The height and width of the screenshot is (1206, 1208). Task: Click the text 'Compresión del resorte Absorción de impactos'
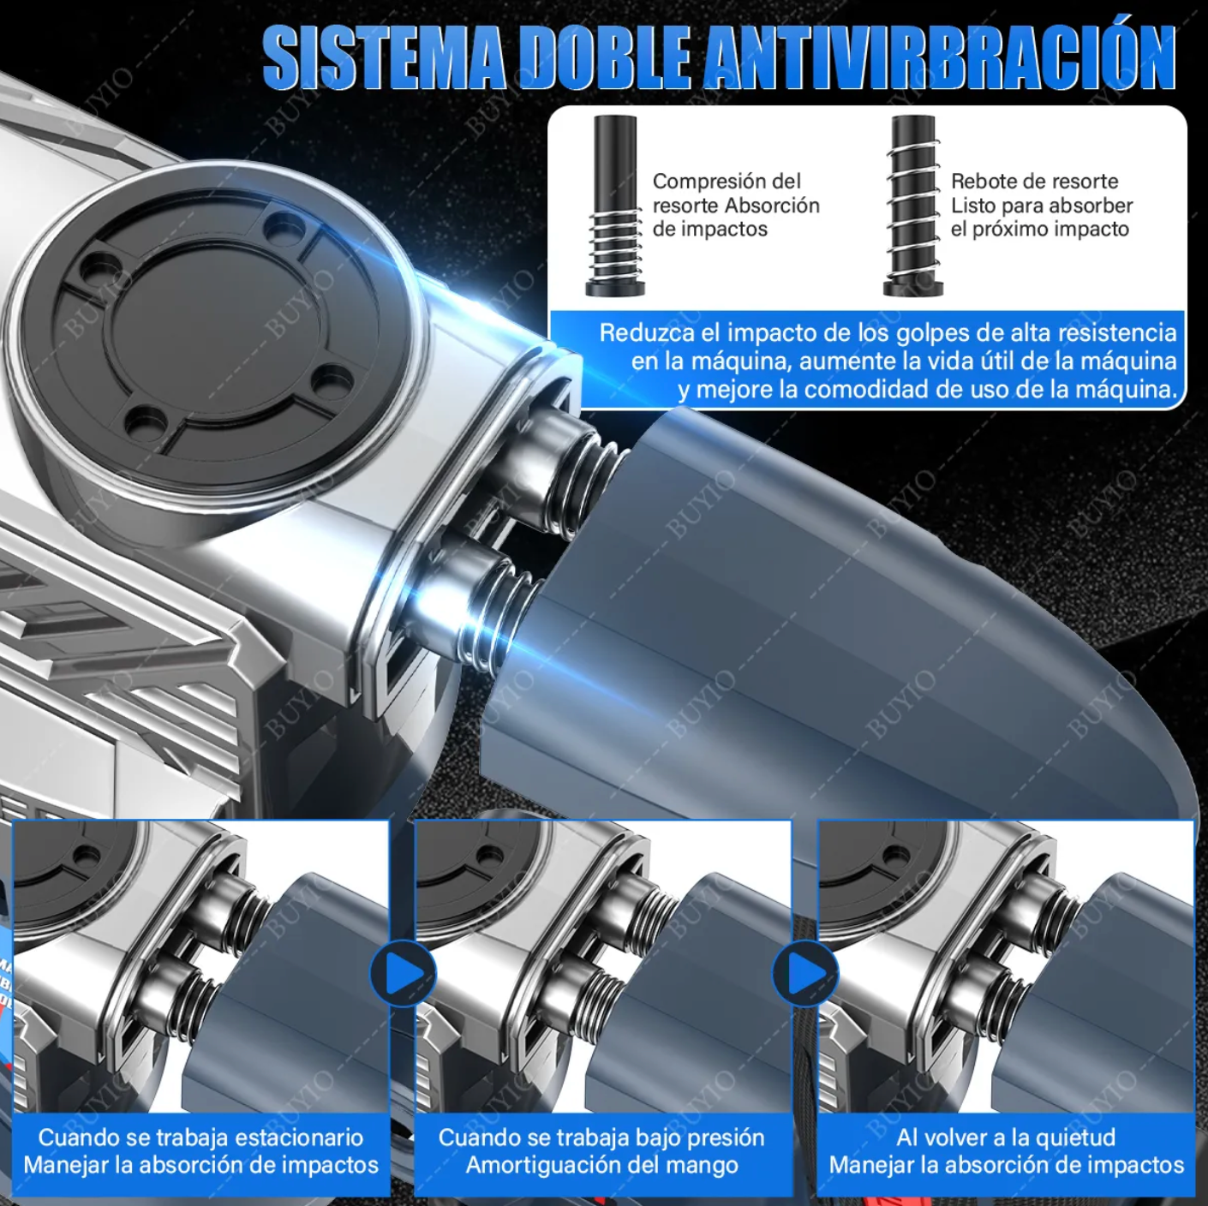pos(735,206)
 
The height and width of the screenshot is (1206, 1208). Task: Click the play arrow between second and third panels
pos(805,974)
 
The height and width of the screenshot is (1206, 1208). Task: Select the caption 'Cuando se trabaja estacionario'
pos(200,1137)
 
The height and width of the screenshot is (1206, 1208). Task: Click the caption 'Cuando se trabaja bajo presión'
pos(601,1137)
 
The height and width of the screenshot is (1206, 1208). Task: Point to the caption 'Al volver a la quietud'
pos(1006,1137)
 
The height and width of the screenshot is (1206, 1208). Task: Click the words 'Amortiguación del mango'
pos(601,1165)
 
